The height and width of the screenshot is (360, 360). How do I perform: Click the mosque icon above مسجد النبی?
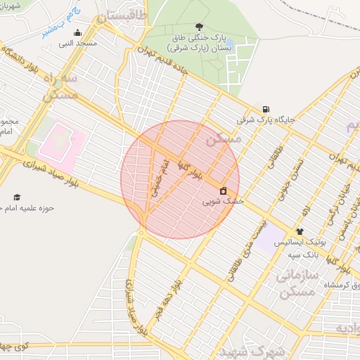77,32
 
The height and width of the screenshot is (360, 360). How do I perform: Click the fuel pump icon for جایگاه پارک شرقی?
265,109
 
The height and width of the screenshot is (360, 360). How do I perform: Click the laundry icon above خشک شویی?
224,191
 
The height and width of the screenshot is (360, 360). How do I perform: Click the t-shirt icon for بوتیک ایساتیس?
300,231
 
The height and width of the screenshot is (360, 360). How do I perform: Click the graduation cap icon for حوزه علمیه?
17,198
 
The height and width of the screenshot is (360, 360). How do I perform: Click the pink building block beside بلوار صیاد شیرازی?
62,141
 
